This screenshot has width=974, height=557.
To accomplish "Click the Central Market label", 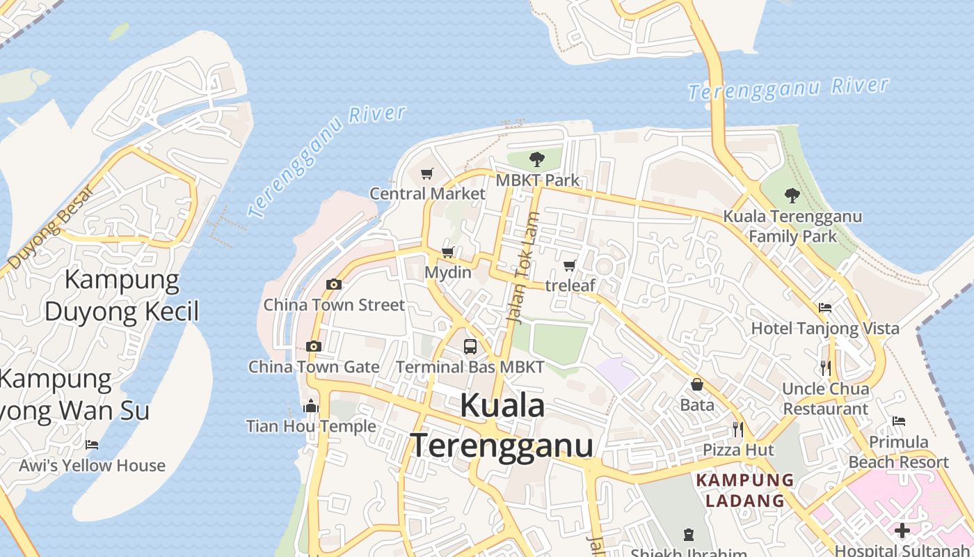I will point(427,194).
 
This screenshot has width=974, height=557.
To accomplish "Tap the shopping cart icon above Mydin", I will point(448,252).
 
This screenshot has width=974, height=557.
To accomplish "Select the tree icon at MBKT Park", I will point(536,159).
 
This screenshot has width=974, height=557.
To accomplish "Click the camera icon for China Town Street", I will point(334,284).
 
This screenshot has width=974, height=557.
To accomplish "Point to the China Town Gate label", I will point(314,367).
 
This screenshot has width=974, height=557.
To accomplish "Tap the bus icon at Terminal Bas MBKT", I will point(470,346).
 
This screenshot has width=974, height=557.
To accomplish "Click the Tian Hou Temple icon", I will point(311,406).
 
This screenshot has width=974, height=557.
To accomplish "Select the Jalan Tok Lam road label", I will point(525,268).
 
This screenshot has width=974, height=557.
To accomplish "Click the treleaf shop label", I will point(570,285).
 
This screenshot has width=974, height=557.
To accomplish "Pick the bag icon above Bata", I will point(696,384).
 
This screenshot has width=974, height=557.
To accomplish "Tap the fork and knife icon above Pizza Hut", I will point(738,429).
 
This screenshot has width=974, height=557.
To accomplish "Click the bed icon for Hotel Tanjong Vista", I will point(825,307).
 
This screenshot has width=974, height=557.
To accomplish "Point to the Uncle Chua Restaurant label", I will point(825,399).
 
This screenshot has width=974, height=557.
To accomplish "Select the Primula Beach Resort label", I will point(898,452).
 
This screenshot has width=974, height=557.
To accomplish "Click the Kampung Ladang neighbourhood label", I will point(745,490).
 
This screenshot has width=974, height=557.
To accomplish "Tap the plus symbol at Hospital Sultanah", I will point(902,531).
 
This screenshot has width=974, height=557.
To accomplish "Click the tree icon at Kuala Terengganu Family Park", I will point(792,195).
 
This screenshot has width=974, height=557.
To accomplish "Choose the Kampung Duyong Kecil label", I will point(122,295).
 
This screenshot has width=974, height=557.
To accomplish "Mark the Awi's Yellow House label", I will point(93,466).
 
